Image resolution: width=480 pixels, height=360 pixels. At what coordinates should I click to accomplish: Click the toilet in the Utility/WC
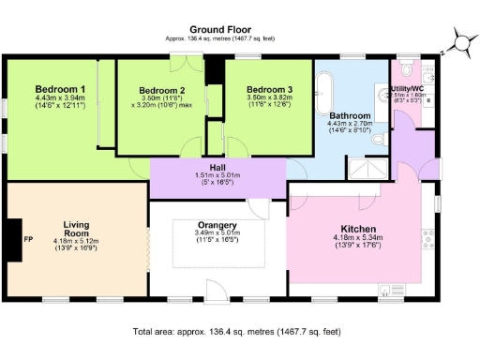(x=406, y=68)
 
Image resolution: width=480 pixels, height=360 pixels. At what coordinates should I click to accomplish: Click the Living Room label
(x=76, y=231)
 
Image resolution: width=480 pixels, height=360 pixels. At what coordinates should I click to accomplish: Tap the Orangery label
(x=216, y=225)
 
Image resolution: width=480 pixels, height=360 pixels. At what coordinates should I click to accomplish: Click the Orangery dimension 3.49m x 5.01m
(x=216, y=233)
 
